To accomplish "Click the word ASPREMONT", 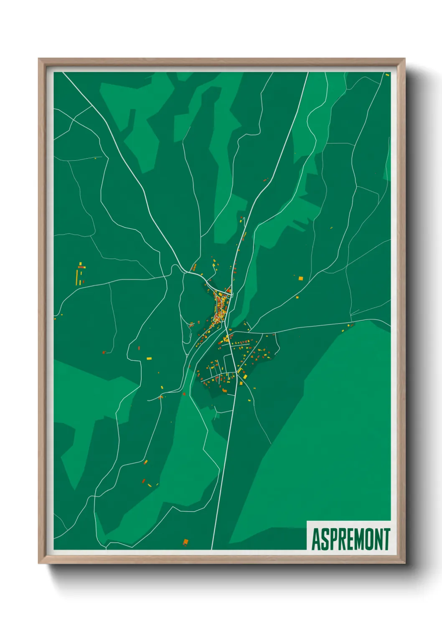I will (x=351, y=539).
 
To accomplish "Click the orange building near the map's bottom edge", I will (x=185, y=542).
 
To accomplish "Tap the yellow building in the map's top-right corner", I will (x=387, y=75).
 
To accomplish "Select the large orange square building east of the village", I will (x=300, y=278).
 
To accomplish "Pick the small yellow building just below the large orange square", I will (x=297, y=297).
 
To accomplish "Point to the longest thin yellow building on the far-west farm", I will (x=77, y=277).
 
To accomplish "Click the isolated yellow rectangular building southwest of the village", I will (x=149, y=358).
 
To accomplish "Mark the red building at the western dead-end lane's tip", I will (x=104, y=352).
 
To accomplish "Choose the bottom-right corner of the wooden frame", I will (x=404, y=563).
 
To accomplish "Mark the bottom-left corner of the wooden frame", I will (x=39, y=563).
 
